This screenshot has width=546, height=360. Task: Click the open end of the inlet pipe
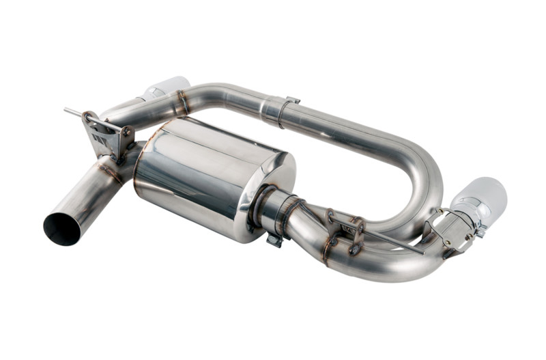62,230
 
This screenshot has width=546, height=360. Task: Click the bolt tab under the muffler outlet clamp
274,239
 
